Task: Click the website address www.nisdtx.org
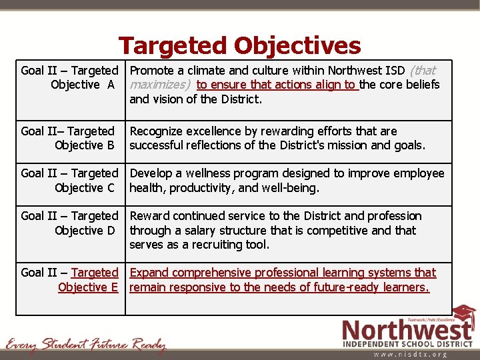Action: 411,355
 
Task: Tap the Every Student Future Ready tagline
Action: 85,345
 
